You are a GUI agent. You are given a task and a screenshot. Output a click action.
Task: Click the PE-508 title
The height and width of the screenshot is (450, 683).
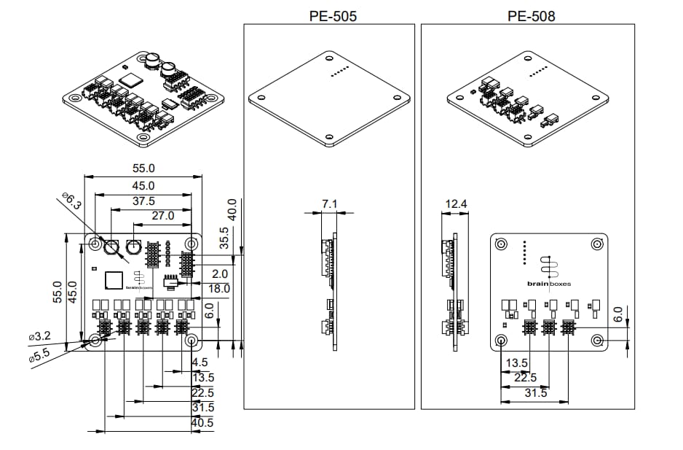[x=531, y=15]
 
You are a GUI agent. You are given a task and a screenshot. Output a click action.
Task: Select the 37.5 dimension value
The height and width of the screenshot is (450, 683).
[x=143, y=201]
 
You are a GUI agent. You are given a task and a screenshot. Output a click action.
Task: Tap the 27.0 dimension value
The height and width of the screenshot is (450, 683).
[x=162, y=216]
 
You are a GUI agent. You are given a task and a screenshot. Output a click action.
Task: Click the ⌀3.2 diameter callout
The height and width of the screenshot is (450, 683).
[x=39, y=336]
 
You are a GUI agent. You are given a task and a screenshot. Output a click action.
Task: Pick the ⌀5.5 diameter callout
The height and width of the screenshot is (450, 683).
[x=39, y=358]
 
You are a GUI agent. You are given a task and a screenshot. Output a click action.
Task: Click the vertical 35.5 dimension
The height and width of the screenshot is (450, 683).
[x=225, y=238]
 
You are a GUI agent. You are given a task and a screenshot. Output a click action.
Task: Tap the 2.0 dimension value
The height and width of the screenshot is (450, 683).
[x=219, y=274]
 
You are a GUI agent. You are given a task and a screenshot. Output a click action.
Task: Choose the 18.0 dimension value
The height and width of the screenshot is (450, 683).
[x=218, y=289]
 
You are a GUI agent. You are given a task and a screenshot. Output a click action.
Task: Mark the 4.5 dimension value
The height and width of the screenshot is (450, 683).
[x=200, y=362]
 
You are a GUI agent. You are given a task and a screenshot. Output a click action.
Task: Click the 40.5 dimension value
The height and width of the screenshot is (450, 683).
[x=202, y=423]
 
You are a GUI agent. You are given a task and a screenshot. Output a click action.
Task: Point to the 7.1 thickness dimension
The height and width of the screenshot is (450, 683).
[x=330, y=204]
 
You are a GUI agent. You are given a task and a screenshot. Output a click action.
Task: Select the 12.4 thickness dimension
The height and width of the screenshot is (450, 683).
[x=456, y=204]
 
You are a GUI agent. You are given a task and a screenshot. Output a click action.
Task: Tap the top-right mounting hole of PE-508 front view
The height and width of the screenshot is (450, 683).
[x=597, y=244]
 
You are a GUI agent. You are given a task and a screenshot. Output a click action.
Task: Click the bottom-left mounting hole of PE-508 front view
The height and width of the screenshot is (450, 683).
[x=501, y=341]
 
